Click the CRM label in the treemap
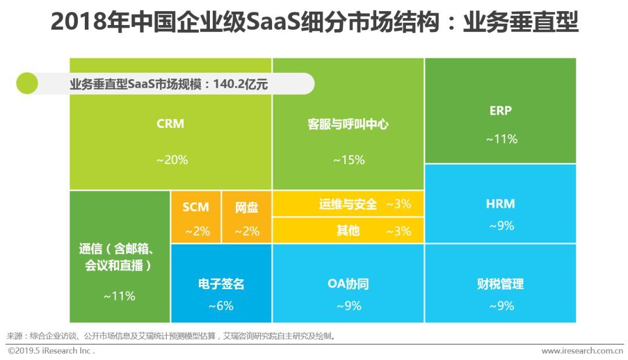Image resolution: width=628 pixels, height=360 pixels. coord(170,124)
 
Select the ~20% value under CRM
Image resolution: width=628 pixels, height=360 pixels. coord(172,160)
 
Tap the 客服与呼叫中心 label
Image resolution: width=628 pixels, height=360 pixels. coord(348,124)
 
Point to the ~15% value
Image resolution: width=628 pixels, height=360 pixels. coord(348,160)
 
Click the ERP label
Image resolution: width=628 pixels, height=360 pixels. coord(500,111)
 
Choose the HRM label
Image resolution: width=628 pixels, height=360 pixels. coord(500,204)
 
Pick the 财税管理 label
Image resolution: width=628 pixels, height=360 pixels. coord(500,284)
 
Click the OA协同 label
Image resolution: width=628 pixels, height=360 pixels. coord(348,284)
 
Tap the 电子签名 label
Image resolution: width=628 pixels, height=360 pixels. coord(221,284)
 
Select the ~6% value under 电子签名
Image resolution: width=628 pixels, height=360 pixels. coord(221,305)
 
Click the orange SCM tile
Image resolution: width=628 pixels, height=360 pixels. coord(196,217)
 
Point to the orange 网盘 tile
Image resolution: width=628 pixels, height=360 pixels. coord(247,217)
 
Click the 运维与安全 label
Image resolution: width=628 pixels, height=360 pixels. coord(348,204)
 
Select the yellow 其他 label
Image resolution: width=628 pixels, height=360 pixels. coord(348,231)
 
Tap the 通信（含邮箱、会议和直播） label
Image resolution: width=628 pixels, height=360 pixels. coord(116,257)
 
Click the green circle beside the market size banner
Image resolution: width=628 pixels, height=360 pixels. coord(27,84)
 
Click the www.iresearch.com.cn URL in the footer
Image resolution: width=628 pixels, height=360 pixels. coord(582,351)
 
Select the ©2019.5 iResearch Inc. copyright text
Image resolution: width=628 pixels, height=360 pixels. coord(51,351)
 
